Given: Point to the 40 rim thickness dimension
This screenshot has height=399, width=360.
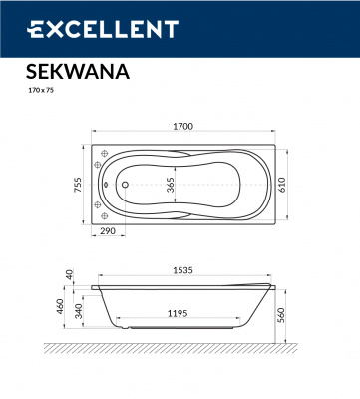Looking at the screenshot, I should tap(69, 274).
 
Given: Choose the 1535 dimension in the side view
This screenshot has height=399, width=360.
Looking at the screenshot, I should tap(181, 269).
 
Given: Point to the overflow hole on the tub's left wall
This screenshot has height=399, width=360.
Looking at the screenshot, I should tap(107, 183).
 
